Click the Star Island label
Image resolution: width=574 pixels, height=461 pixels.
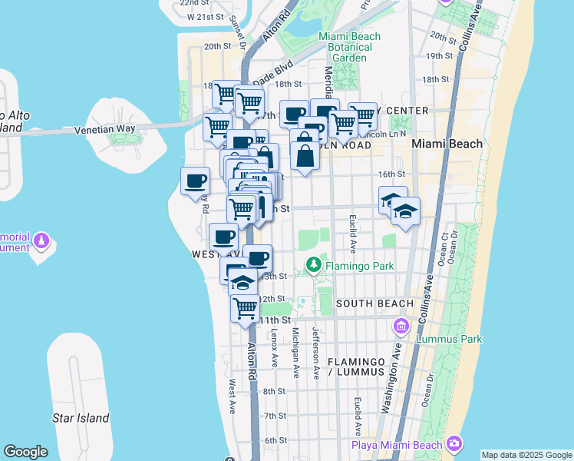[81, 419]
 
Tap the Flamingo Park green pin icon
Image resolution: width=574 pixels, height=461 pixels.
[313, 265]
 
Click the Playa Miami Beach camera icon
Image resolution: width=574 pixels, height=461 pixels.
[455, 444]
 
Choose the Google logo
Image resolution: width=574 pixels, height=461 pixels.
[25, 452]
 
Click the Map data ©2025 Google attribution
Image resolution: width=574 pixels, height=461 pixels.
[526, 455]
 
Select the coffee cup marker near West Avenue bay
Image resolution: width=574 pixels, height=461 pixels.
[195, 181]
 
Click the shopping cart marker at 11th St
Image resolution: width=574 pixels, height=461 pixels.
[245, 309]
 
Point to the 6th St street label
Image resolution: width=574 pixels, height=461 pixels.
[275, 440]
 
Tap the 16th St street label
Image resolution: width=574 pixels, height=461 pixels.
[391, 174]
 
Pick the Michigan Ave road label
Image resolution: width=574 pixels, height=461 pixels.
[295, 353]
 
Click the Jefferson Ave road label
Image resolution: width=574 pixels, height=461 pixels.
[316, 353]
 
